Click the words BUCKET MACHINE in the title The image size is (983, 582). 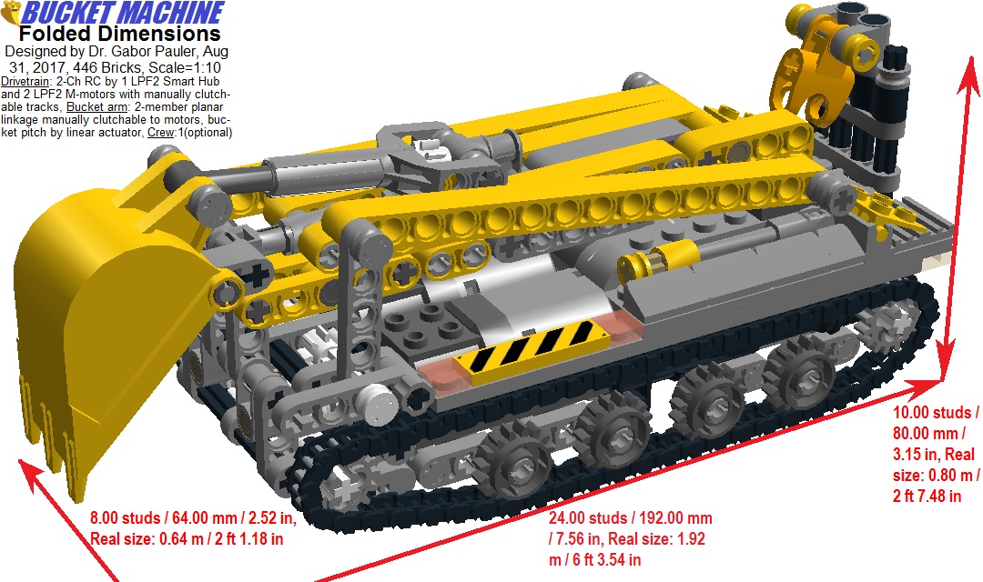coord(123,13)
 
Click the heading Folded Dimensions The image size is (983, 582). coord(119,34)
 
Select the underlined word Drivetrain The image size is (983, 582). coord(25,82)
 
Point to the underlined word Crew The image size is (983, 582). coord(161,133)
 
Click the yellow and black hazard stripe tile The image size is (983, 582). coord(532,352)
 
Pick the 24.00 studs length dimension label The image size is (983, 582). coord(630,538)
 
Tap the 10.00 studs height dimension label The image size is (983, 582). coord(936,454)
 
